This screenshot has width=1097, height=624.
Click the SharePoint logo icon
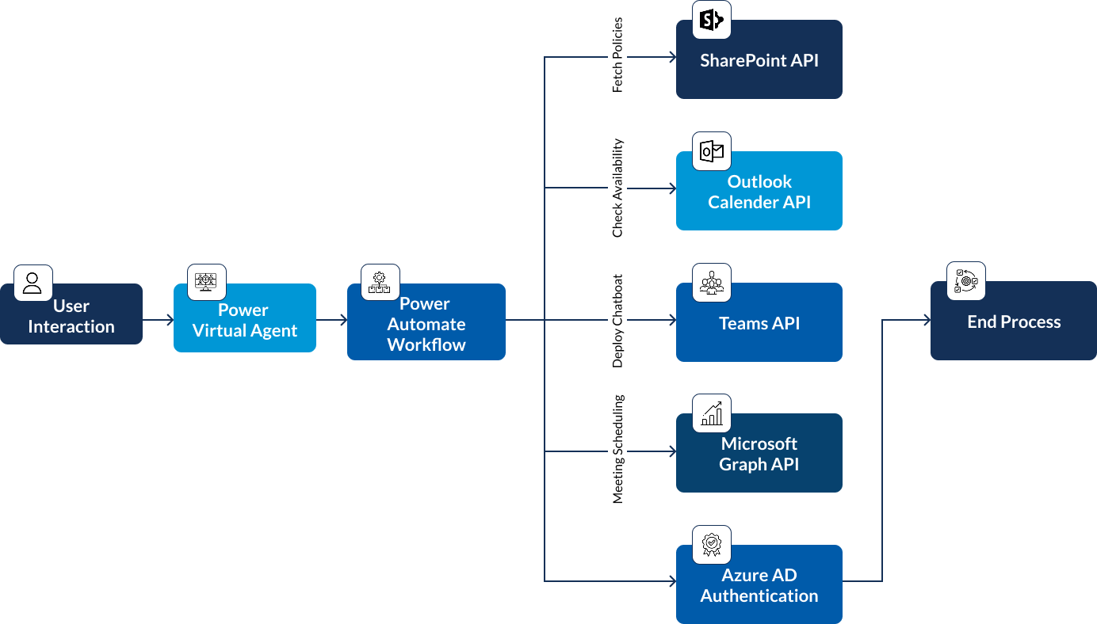coord(712,20)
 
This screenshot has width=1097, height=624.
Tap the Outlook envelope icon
coord(712,151)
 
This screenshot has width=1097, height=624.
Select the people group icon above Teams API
coord(712,283)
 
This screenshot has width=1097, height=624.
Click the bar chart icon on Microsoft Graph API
coord(712,413)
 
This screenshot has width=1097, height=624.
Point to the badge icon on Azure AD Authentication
coord(712,545)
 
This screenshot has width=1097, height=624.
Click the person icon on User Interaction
coord(32,283)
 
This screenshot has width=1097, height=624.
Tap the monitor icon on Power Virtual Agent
coord(206,282)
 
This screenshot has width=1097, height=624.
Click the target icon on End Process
coord(965,281)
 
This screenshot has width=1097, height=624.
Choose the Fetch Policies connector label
coord(617,55)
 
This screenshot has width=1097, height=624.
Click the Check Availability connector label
coord(617,188)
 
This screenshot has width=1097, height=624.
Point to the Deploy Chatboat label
coord(617,321)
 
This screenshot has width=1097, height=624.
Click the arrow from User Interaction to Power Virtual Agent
coord(159,320)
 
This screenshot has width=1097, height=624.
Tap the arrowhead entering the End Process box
coord(927,320)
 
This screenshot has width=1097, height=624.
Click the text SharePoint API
coord(759,60)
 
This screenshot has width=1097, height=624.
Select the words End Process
coord(1014,322)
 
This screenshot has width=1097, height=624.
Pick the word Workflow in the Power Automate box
coord(426,344)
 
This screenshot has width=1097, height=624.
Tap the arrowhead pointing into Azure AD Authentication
coord(673,581)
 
